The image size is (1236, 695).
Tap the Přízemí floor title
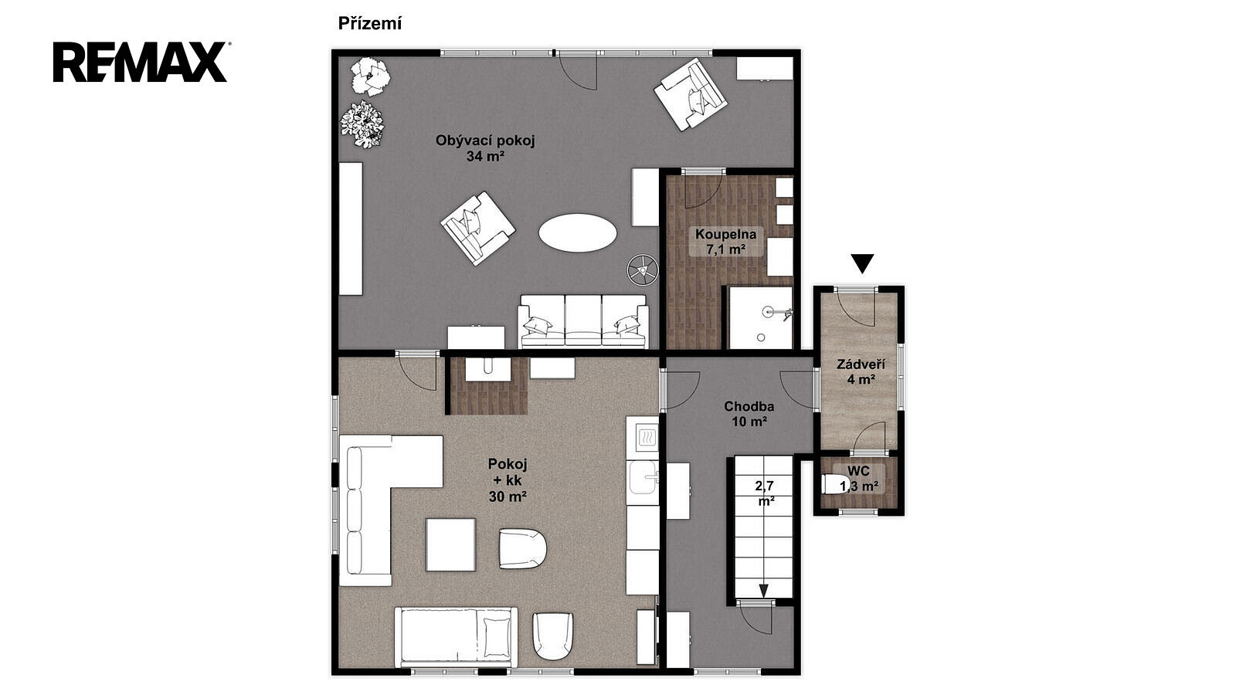click(370, 24)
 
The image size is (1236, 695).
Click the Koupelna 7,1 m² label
click(725, 242)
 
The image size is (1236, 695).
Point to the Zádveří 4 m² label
click(861, 371)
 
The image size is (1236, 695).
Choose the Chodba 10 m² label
click(749, 414)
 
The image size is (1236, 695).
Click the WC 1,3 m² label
click(858, 479)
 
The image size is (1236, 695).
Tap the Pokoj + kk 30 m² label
click(507, 480)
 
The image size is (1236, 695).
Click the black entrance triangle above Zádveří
click(862, 263)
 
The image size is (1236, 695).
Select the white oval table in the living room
click(577, 232)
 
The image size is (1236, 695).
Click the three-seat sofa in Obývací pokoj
click(582, 321)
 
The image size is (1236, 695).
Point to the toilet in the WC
click(834, 484)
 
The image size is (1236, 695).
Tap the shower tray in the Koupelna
click(760, 317)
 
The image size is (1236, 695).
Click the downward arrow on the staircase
click(764, 590)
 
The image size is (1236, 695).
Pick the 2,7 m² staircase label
click(765, 493)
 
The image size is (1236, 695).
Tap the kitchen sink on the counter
click(643, 478)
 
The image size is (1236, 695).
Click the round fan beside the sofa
click(642, 270)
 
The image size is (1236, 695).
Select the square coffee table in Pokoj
click(451, 545)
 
